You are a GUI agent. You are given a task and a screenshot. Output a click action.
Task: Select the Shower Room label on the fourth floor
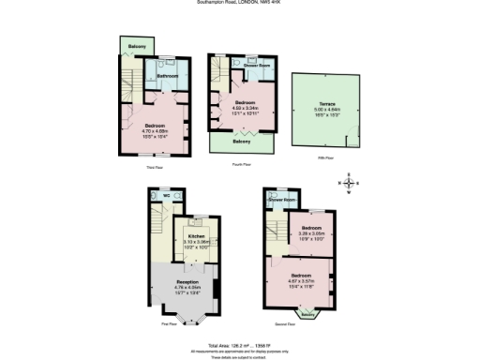(257, 66)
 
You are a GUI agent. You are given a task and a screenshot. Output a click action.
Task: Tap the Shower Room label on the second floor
(282, 201)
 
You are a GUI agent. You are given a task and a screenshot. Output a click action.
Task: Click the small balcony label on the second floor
(307, 315)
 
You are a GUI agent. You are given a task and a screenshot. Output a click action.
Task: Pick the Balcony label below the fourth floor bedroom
(241, 142)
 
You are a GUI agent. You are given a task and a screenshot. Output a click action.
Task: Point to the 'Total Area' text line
(241, 344)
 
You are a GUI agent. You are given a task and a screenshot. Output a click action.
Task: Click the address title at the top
(241, 3)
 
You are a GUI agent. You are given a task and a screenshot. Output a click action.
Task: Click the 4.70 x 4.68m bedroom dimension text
(156, 131)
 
